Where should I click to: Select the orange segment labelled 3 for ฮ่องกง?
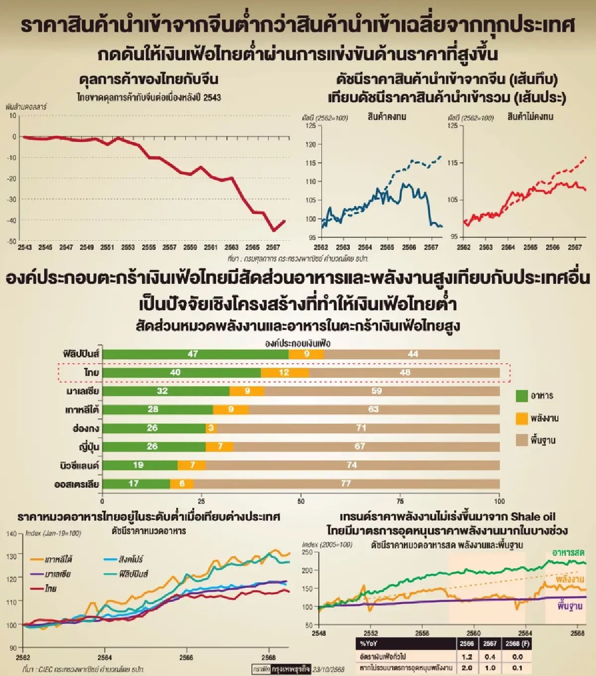212,428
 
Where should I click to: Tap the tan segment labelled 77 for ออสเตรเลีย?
346,484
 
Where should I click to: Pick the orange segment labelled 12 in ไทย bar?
284,373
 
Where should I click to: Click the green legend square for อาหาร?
521,396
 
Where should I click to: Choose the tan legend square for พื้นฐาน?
521,440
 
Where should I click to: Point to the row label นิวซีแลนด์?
79,466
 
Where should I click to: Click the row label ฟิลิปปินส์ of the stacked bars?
81,354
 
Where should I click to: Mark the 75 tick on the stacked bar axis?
400,501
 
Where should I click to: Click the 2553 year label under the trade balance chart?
128,247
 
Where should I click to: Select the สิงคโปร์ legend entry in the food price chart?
130,559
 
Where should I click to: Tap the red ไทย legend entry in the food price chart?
50,589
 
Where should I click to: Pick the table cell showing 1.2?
467,657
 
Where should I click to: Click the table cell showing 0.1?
518,668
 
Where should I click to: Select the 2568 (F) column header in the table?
518,644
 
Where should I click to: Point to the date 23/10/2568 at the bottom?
328,669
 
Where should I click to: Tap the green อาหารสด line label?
568,553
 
